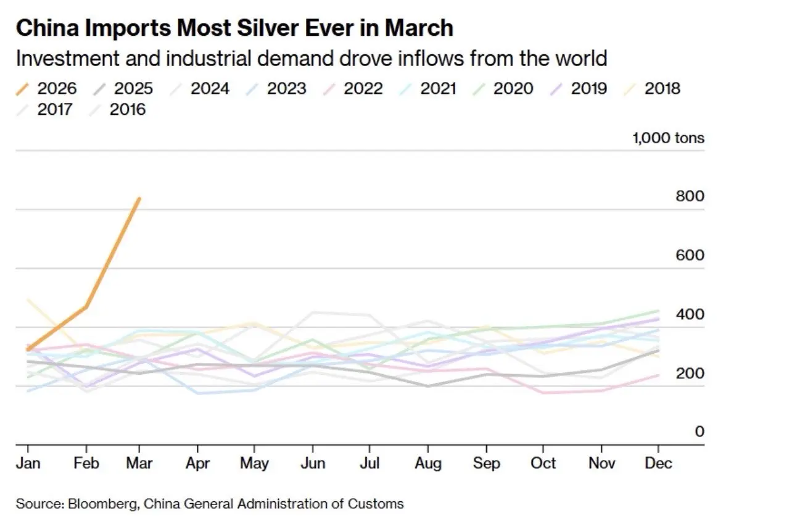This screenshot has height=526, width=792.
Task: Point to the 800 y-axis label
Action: [x=690, y=196]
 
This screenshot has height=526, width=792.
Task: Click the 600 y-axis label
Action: [x=690, y=255]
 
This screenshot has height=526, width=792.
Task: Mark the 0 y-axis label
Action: [x=699, y=432]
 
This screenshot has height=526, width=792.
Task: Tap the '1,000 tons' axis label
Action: [x=668, y=138]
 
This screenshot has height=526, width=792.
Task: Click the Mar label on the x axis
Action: [x=139, y=463]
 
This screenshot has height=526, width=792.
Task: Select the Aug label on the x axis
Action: [x=427, y=463]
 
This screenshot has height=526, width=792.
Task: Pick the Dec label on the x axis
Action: [x=658, y=463]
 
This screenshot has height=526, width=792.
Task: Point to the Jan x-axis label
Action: [x=27, y=463]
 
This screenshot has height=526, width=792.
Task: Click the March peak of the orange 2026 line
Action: [x=139, y=199]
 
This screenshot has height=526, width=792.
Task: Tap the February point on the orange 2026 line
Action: [x=86, y=307]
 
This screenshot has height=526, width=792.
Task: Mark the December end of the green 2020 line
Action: [x=658, y=311]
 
